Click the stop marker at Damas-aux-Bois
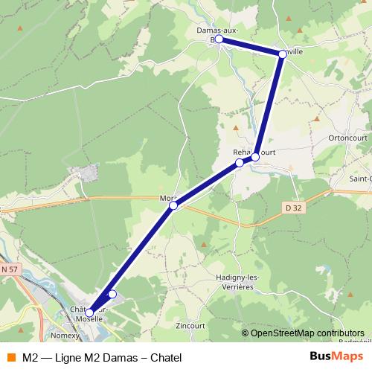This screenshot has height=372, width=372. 219,39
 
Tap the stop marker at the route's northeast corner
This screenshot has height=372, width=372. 283,54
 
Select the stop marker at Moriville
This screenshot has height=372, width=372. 173,205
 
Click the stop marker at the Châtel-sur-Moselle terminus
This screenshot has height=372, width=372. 89,312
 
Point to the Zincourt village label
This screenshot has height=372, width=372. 192,325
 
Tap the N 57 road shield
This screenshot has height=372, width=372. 9,268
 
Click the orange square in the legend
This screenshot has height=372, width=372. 11,357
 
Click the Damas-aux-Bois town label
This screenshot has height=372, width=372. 217,31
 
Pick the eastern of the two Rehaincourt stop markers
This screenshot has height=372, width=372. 255,157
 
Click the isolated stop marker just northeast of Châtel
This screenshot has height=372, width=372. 112,295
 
